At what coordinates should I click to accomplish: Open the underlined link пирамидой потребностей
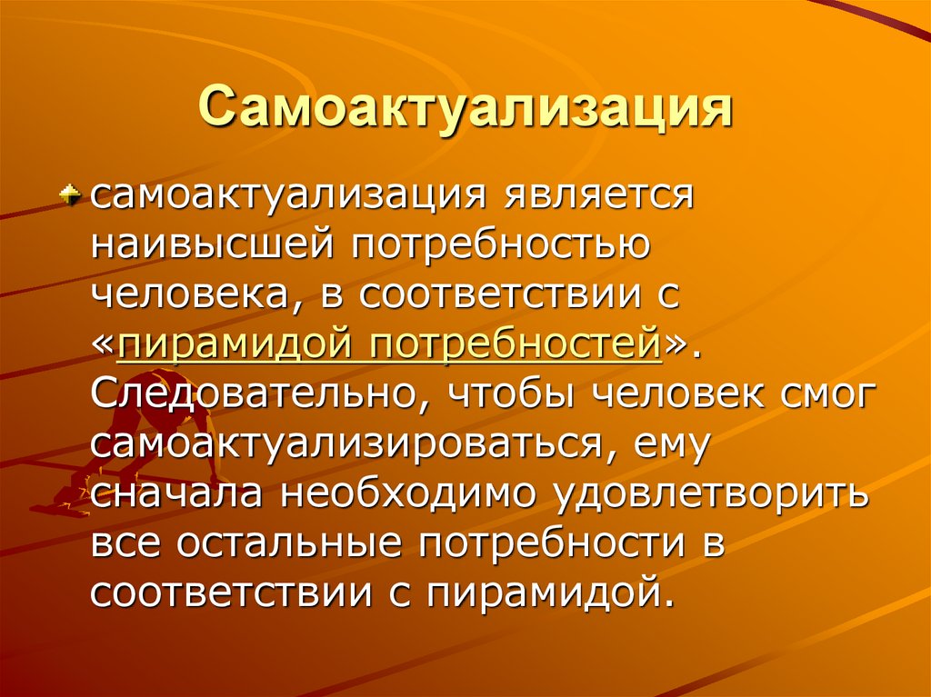coord(388,346)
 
